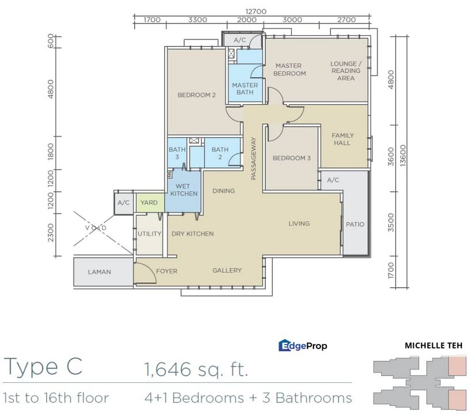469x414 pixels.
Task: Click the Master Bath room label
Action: coord(245,89)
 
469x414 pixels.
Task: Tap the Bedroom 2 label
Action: coord(196,95)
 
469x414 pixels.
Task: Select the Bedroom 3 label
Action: coord(292,158)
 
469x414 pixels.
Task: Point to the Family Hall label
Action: coord(342,139)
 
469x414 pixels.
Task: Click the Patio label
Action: coord(355,224)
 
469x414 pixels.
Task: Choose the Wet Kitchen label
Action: coord(184,190)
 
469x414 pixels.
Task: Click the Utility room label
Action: coord(149,234)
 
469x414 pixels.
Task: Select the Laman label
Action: coord(100,272)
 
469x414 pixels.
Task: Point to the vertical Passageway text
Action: coord(254,159)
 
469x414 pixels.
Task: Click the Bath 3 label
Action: coord(177,153)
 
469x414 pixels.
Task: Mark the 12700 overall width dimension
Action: coord(256,11)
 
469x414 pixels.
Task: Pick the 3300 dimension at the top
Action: coord(197,20)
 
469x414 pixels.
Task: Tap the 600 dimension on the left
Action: coord(50,41)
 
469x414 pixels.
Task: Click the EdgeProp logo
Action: coord(303,346)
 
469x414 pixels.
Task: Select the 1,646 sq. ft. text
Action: coord(196,369)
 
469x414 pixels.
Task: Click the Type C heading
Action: coord(43,366)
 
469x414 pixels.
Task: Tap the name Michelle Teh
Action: coord(433,346)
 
